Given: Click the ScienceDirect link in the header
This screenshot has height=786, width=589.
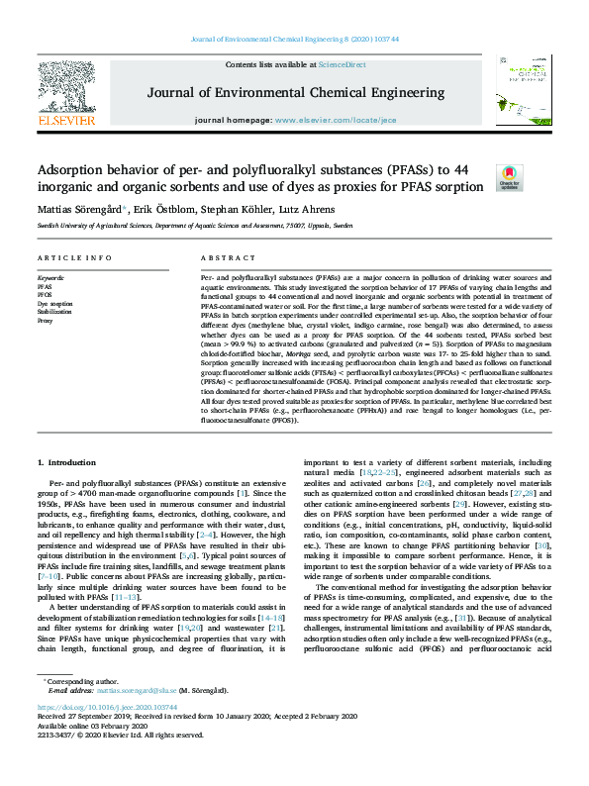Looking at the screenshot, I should tap(342, 64).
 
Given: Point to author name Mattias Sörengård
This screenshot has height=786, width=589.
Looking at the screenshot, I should tap(77, 210).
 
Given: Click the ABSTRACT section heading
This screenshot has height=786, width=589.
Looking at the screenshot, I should tap(222, 257).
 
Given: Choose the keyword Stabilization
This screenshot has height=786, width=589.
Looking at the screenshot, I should tap(54, 312).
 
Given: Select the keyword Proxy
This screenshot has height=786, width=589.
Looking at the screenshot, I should tap(45, 321).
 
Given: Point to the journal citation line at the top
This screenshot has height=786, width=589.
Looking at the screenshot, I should tap(294, 40).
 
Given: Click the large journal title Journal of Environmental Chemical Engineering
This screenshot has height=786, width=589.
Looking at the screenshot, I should tap(295, 93).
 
